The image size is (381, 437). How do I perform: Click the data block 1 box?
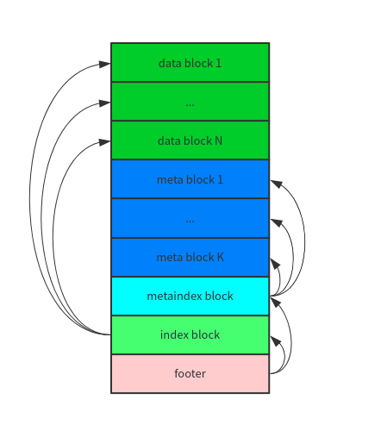[190, 63]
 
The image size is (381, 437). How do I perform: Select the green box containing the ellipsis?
[190, 102]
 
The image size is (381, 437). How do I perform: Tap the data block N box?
[190, 140]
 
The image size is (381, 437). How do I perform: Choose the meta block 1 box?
[190, 179]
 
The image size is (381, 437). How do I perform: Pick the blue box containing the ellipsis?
[190, 218]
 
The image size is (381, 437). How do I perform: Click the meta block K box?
[190, 257]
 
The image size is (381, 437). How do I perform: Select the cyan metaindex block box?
[190, 296]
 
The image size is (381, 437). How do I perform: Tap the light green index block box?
[190, 334]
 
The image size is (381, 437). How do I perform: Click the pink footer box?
[190, 373]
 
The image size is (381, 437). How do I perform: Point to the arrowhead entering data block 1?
[105, 64]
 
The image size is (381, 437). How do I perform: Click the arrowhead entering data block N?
[105, 141]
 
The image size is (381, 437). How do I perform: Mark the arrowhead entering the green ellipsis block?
[105, 103]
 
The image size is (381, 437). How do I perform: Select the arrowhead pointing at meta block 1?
[275, 182]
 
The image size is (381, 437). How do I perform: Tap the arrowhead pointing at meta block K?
[275, 259]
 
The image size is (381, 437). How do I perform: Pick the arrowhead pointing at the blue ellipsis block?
[275, 221]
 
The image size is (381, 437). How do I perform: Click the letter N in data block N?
[219, 140]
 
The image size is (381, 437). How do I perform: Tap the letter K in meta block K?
[220, 257]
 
